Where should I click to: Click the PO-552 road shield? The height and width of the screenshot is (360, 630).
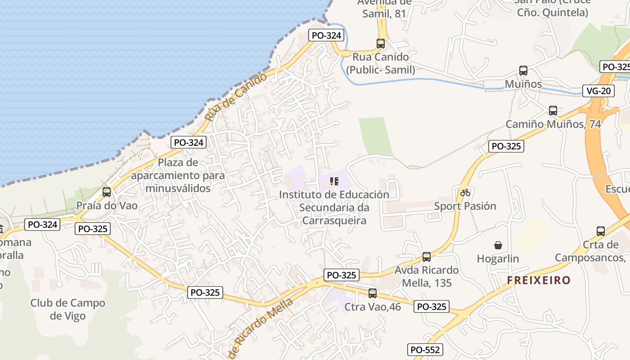click(x=426, y=350)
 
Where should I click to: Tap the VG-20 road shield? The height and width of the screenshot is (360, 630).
click(x=598, y=91)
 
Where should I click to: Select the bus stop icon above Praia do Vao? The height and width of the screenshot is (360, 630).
click(x=107, y=192)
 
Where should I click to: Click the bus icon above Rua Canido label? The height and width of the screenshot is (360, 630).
click(x=381, y=44)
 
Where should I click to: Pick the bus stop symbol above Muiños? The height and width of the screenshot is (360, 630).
click(x=523, y=71)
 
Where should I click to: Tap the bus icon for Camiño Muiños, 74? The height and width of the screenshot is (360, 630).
click(x=553, y=111)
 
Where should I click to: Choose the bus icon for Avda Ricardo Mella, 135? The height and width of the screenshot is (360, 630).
click(x=427, y=257)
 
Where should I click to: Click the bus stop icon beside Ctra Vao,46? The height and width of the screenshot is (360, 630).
click(x=373, y=293)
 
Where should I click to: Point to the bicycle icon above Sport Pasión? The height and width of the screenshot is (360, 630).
click(x=465, y=193)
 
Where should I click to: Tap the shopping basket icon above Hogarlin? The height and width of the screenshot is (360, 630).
click(x=498, y=245)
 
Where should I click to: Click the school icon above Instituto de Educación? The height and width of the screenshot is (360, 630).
click(x=334, y=181)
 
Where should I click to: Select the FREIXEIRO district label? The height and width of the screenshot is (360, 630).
click(x=539, y=280)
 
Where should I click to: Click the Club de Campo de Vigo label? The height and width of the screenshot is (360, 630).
click(x=67, y=309)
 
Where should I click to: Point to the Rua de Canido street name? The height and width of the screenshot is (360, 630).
click(x=235, y=97)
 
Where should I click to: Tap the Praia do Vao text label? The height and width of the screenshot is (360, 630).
click(x=107, y=206)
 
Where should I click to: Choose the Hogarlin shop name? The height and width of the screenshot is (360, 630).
click(x=498, y=259)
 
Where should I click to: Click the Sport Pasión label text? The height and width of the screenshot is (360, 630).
click(x=465, y=206)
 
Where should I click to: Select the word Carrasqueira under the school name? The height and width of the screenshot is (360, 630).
click(x=334, y=220)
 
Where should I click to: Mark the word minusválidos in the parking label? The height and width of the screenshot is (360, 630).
click(x=178, y=188)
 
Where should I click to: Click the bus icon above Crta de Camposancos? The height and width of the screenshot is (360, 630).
click(x=601, y=231)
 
